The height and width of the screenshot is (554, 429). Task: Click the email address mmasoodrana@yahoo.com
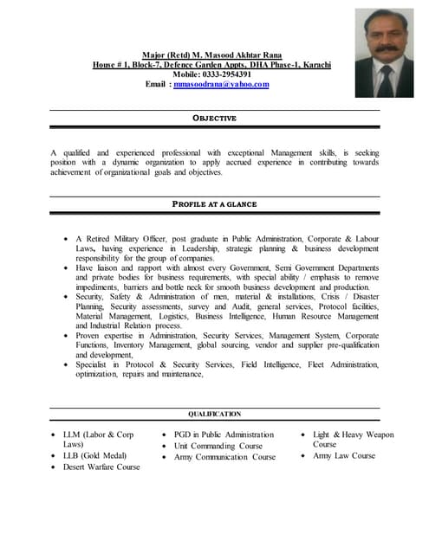point(221,84)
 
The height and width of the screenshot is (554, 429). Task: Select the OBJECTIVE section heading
point(213,118)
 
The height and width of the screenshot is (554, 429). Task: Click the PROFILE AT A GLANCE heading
point(214,204)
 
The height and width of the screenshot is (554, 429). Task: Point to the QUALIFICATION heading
point(214,415)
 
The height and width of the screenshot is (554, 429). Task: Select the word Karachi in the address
point(314,65)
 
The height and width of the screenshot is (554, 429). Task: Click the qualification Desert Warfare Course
point(101,467)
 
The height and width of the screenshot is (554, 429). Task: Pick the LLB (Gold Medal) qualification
point(94,455)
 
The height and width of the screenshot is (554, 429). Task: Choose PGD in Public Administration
point(224,435)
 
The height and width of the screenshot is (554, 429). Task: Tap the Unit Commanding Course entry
point(218,446)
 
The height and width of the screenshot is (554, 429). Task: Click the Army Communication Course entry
point(224,457)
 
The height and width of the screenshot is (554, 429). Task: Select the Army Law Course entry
point(344,455)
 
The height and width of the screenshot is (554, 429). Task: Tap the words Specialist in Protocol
point(114,364)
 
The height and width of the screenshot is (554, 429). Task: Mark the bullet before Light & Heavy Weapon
point(303,435)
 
